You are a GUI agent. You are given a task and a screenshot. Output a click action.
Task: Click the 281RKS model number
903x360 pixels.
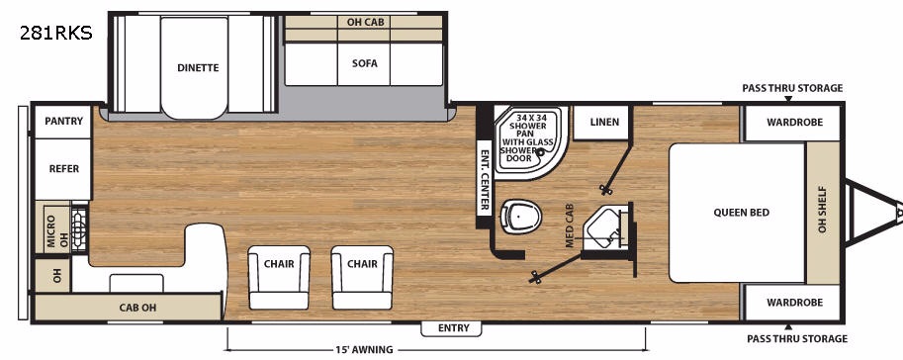[x=55, y=34]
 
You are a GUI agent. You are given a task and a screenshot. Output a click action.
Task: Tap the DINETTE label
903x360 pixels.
[x=198, y=67]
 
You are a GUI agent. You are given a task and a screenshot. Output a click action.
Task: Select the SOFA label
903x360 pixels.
[x=365, y=63]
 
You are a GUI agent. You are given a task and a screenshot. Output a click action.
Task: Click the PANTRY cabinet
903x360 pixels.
[x=63, y=122]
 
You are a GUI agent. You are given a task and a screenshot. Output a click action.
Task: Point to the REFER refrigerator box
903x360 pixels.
[x=63, y=169]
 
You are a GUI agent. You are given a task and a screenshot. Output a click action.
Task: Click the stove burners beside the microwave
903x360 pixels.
[x=79, y=227]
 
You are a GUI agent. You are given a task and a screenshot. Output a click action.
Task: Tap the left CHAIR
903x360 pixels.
[x=279, y=277]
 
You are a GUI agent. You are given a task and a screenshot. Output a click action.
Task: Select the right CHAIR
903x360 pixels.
[x=362, y=277]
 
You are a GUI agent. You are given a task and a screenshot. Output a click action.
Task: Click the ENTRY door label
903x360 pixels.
[x=453, y=328]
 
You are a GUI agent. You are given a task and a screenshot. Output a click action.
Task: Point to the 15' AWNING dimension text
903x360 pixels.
[x=365, y=350]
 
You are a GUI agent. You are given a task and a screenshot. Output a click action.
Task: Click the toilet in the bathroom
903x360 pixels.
[x=520, y=216]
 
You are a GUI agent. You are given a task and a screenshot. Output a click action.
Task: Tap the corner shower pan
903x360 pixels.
[x=531, y=141]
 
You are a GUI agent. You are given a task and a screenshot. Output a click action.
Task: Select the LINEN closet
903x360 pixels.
[x=604, y=122]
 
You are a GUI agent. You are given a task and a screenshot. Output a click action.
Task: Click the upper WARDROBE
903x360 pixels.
[x=793, y=123]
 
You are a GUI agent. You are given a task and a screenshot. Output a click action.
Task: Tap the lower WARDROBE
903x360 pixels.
[x=793, y=303]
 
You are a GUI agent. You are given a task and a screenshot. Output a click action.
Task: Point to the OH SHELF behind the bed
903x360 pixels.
[x=822, y=213]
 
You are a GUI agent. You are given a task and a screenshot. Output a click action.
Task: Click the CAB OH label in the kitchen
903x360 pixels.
[x=137, y=308]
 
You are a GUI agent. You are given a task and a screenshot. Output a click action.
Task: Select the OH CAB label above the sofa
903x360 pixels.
[x=364, y=22]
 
